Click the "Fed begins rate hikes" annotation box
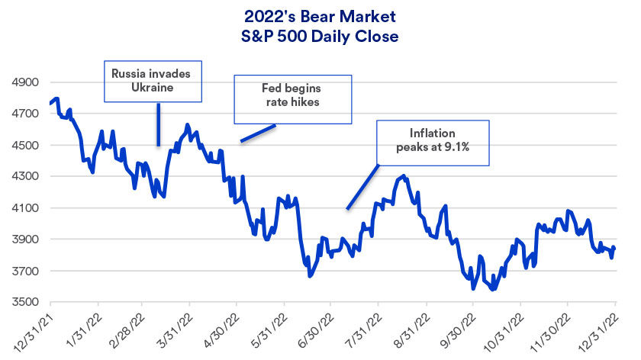(x=292, y=98)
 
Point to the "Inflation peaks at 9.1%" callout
(x=433, y=141)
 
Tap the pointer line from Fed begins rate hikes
(x=258, y=133)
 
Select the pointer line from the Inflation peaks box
(x=362, y=186)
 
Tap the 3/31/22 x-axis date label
(x=176, y=328)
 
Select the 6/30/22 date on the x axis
(x=317, y=328)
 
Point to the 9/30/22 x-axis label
(x=459, y=328)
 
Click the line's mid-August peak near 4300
(x=402, y=177)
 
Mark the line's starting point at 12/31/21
(x=50, y=103)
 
